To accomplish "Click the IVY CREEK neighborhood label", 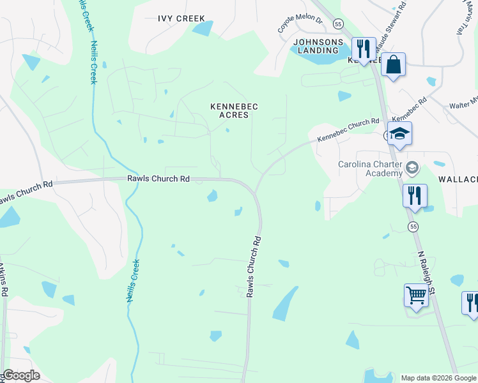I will pos(181,19).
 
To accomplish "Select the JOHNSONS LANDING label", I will pos(316,46).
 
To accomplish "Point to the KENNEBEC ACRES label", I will pos(235,110).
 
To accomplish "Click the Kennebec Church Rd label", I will pos(348,130).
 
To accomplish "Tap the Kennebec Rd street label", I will pos(409,110).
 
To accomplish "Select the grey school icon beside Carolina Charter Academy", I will pos(412,168).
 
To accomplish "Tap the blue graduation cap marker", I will pos(399,134).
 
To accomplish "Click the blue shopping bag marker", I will pos(393,64).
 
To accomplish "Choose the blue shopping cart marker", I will pos(416,296).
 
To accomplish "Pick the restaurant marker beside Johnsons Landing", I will pos(363,49).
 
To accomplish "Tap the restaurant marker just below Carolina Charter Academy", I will pos(415,195).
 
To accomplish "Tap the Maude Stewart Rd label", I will pos(390,29).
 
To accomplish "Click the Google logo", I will pos(21,375).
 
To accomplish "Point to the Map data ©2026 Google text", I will pos(437,378).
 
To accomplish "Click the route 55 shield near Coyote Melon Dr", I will pos(338,24).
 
